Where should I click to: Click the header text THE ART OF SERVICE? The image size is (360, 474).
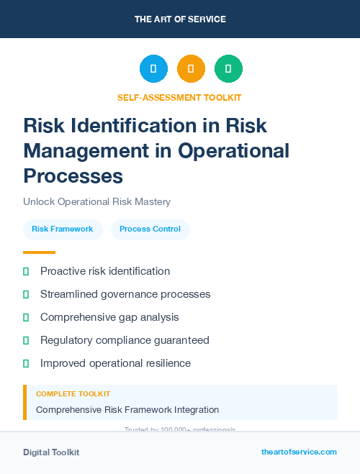tap(180, 19)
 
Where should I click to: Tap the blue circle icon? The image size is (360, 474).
tap(153, 68)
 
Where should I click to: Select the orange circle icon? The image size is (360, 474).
tap(191, 68)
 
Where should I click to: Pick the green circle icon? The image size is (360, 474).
tap(228, 68)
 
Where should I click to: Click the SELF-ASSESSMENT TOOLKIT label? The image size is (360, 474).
tap(179, 97)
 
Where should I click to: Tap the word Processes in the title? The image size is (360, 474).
tap(73, 176)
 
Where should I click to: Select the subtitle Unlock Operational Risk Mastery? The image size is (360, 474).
tap(96, 202)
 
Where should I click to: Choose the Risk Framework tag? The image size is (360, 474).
tap(63, 229)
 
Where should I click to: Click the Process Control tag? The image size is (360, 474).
tap(150, 229)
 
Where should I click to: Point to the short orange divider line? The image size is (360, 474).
tap(39, 252)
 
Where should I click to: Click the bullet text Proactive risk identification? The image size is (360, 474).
tap(105, 271)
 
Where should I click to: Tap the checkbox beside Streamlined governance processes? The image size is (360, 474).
tap(26, 294)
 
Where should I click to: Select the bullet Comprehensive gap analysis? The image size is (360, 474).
tap(109, 317)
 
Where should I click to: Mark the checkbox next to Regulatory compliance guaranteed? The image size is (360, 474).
tap(26, 340)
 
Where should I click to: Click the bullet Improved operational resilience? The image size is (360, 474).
tap(115, 363)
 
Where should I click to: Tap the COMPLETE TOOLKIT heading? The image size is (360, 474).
tap(73, 394)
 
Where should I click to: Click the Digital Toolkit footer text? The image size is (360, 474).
tap(51, 452)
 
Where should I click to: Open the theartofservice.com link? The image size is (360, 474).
tap(299, 452)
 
